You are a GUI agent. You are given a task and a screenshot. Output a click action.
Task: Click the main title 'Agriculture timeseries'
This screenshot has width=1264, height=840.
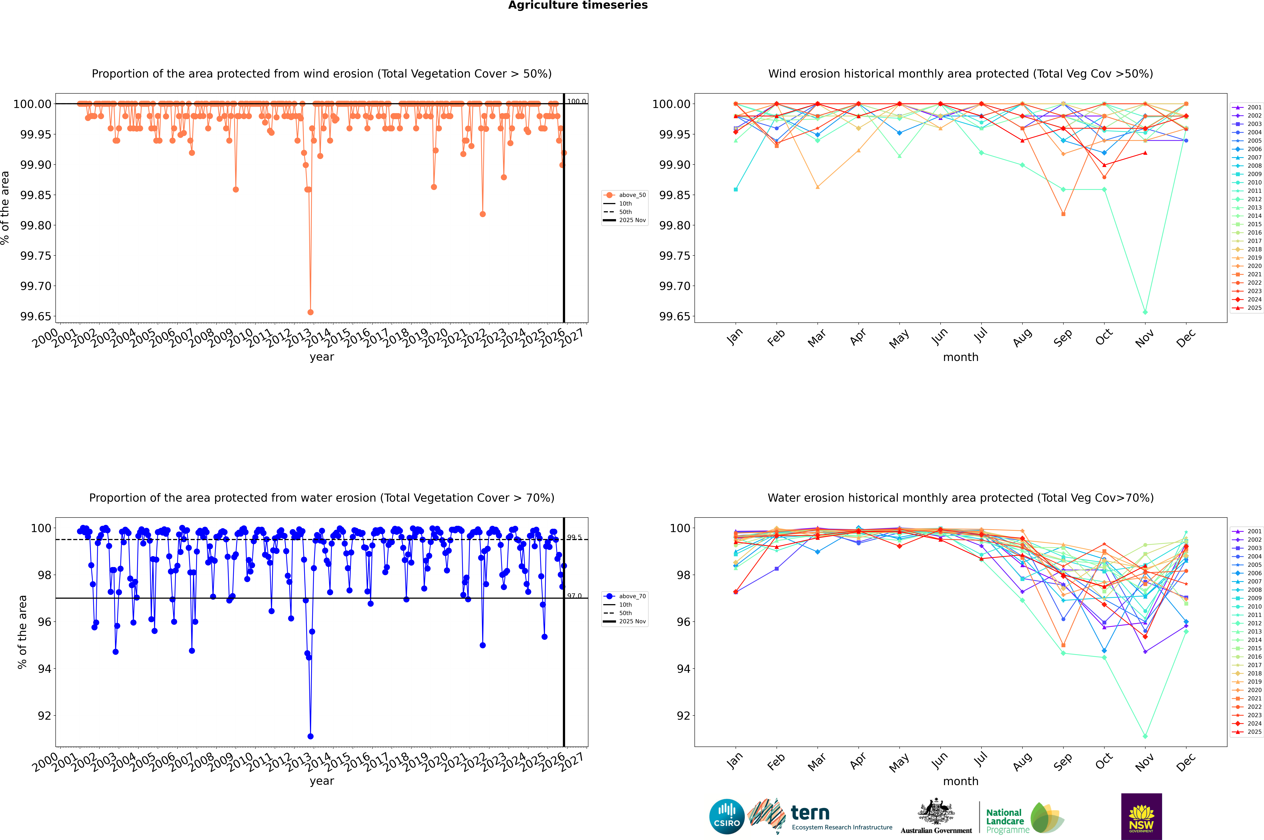(x=578, y=5)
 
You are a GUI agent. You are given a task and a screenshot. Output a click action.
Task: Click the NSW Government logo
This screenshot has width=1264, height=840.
(x=1141, y=816)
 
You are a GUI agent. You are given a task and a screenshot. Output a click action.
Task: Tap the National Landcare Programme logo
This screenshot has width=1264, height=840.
(x=1025, y=818)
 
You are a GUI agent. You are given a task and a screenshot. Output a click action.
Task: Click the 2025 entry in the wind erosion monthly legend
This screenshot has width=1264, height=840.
(x=1254, y=308)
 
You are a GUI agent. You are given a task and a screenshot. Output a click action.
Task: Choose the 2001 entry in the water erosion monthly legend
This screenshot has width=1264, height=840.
(x=1254, y=531)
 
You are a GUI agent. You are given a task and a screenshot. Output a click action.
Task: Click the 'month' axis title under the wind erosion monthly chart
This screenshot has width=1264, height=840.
(x=960, y=357)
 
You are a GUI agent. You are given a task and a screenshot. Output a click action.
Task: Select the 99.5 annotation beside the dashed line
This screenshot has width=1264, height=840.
(x=574, y=537)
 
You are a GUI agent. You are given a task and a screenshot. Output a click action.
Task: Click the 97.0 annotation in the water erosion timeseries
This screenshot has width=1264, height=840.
(x=574, y=596)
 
